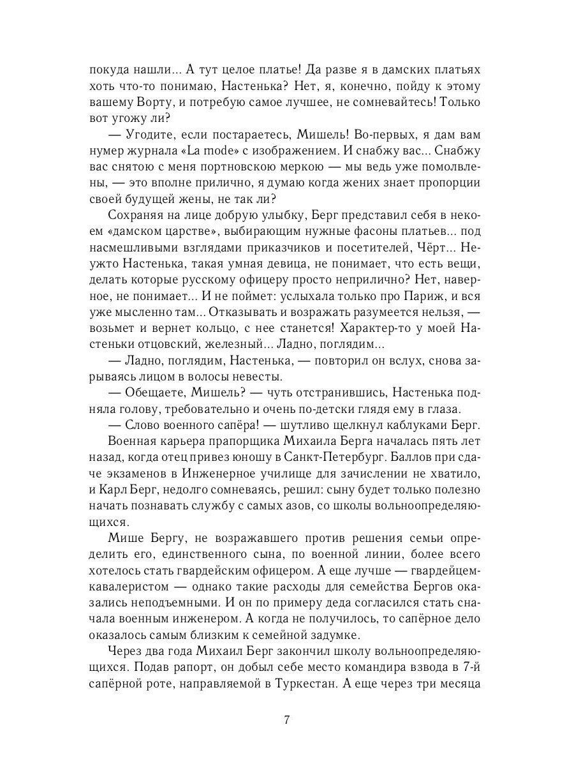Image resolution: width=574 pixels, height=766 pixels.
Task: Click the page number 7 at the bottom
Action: tap(286, 721)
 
